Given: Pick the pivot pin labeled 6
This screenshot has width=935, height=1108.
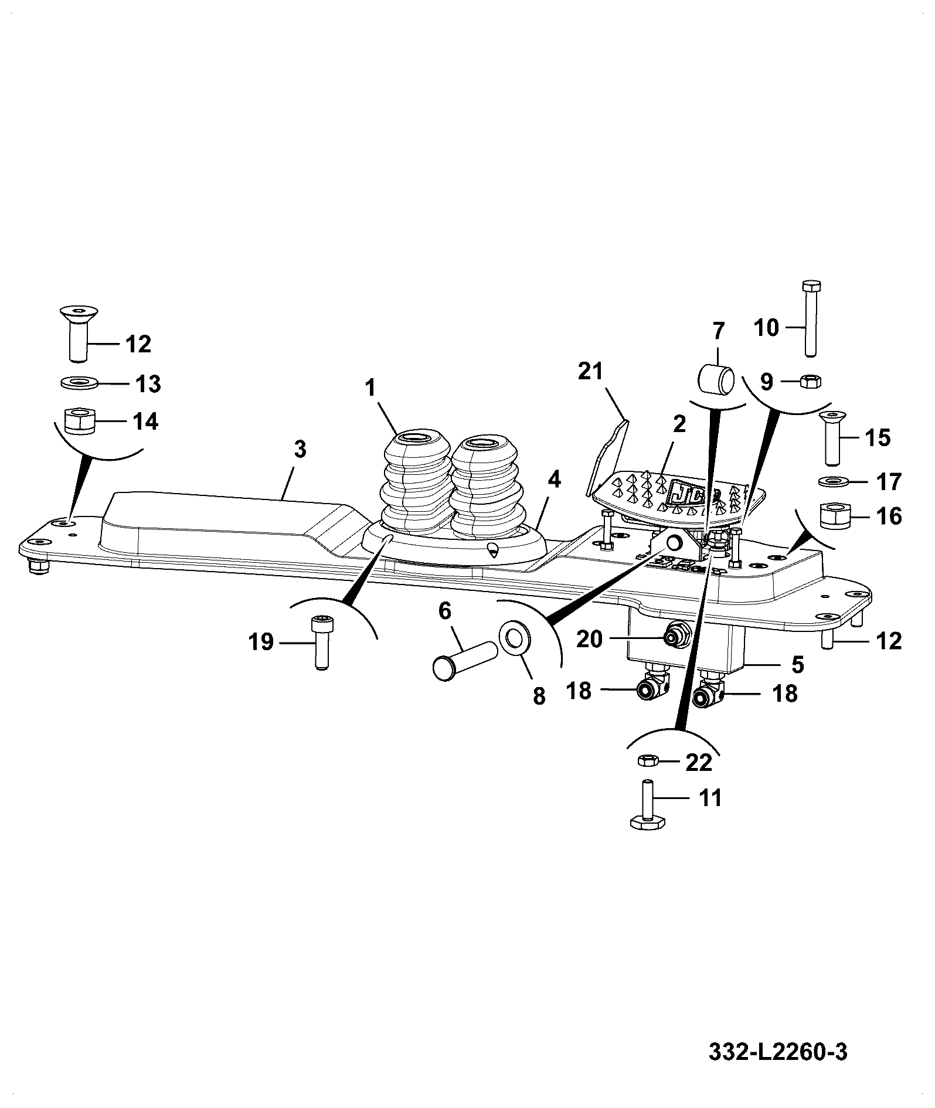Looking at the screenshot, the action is [x=463, y=661].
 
